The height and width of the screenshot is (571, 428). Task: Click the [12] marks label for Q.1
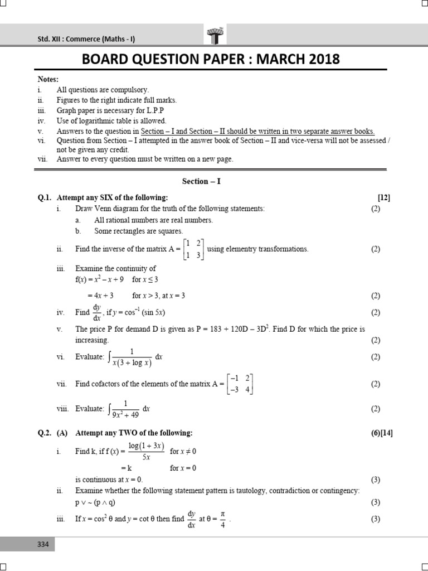tap(384, 197)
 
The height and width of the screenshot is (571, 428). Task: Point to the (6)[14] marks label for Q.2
tap(382, 433)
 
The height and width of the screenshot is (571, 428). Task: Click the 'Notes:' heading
tap(48, 80)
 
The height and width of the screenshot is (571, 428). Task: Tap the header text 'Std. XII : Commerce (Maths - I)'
tap(86, 38)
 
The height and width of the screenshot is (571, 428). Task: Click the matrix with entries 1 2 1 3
tap(194, 249)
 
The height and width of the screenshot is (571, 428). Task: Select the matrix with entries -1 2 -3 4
tap(241, 384)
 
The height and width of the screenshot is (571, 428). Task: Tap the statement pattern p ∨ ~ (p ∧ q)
tap(95, 502)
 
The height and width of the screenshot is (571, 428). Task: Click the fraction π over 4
tap(222, 519)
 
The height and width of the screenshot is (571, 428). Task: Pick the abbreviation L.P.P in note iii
tap(158, 110)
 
